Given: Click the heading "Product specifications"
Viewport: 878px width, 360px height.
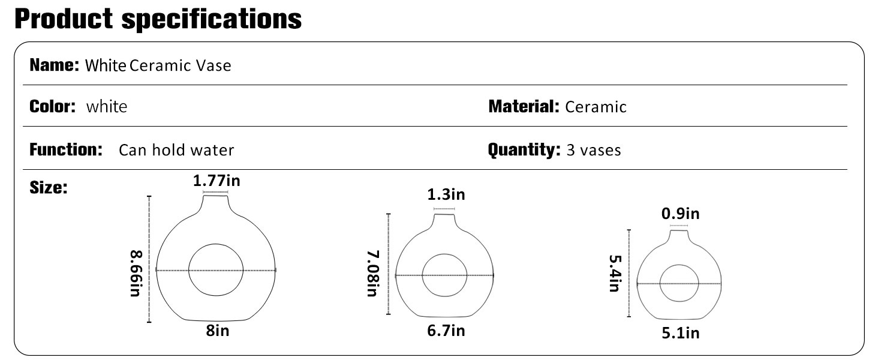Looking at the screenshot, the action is pos(158,19).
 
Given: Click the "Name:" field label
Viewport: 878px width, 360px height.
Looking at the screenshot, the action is pos(55,65).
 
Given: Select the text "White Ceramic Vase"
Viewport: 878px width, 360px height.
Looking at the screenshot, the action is pos(158,65).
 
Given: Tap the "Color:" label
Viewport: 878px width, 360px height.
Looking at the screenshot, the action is pos(53,106).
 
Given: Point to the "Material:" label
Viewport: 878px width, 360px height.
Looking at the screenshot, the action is pos(524,106).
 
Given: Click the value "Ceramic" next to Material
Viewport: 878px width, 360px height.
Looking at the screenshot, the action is pos(596,107).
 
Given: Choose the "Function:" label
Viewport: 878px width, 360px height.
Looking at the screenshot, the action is pos(66,149).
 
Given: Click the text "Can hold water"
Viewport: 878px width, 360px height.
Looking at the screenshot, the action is pos(176,150).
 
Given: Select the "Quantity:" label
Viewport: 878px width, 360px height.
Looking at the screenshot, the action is pos(524,150).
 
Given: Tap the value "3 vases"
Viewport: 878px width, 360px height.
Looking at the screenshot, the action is pos(594,150).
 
